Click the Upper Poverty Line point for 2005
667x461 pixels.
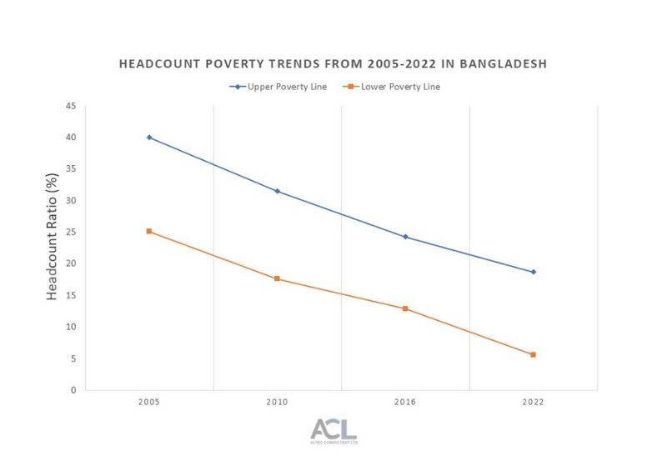[149, 137]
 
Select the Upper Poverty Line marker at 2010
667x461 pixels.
[278, 191]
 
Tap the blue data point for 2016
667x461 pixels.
[405, 237]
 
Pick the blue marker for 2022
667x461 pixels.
[533, 272]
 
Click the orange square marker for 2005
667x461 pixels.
[149, 231]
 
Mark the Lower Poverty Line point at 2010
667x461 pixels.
[278, 278]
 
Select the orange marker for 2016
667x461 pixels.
[405, 308]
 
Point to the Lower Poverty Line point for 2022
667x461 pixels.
[533, 354]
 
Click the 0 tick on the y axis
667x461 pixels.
[73, 389]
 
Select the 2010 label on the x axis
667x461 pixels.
[278, 402]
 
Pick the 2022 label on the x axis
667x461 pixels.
[533, 402]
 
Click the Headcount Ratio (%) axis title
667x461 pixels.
[52, 248]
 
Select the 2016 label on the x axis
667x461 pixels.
[405, 402]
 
